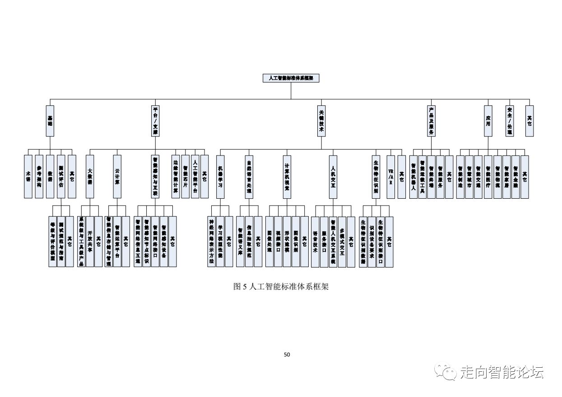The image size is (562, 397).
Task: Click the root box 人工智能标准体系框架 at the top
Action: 291,78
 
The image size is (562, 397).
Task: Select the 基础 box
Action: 50,121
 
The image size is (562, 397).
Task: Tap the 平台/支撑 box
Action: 155,121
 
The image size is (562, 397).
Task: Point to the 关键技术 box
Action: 321,121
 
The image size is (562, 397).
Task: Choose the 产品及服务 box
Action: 432,121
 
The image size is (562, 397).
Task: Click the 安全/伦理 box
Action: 509,121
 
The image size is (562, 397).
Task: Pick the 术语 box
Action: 28,177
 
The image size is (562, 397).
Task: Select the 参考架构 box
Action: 39,177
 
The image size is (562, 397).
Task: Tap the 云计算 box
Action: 117,177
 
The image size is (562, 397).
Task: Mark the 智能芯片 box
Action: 185,177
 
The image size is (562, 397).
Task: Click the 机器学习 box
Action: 220,177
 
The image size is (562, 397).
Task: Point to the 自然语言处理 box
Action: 249,177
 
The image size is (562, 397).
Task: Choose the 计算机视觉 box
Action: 287,177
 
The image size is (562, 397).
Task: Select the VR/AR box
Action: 390,177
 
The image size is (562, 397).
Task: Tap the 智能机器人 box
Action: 413,177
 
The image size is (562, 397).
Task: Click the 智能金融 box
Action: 515,177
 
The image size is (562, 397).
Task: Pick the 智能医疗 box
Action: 488,177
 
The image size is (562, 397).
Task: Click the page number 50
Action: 287,355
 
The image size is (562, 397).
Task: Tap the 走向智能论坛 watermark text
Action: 502,372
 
